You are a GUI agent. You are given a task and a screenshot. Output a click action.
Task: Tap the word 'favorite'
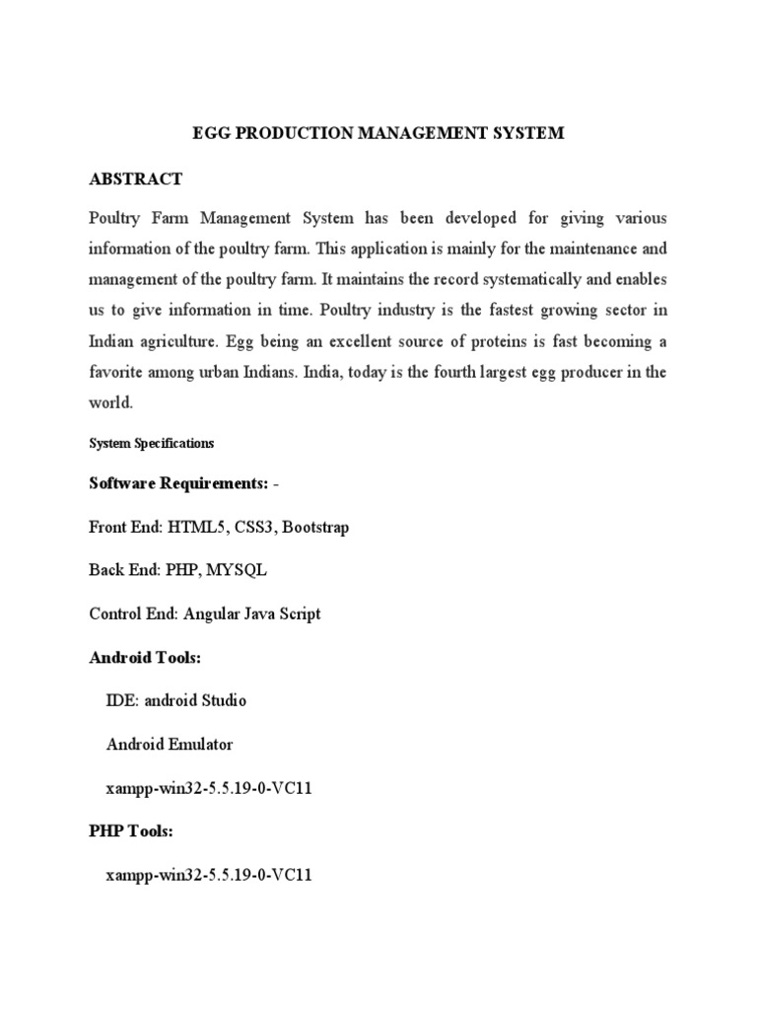pos(118,372)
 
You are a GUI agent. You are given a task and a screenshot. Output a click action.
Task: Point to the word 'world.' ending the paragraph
pos(109,403)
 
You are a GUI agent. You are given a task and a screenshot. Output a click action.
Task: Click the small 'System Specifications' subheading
pos(151,444)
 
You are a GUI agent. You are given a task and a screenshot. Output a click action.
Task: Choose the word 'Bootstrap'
pos(314,527)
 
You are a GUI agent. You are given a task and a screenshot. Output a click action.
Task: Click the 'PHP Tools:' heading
pos(131,831)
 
